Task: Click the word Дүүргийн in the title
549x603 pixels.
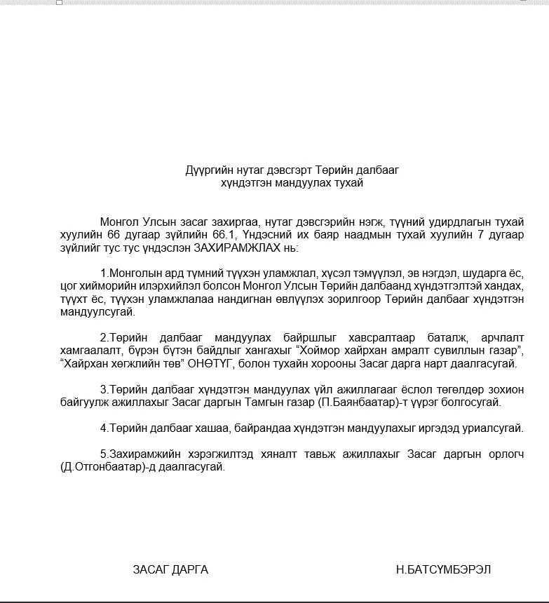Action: [x=206, y=170]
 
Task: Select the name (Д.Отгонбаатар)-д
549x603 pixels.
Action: [x=102, y=466]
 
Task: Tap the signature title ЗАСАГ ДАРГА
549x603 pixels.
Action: [x=170, y=569]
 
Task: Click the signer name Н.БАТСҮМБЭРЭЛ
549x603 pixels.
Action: [x=443, y=569]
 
